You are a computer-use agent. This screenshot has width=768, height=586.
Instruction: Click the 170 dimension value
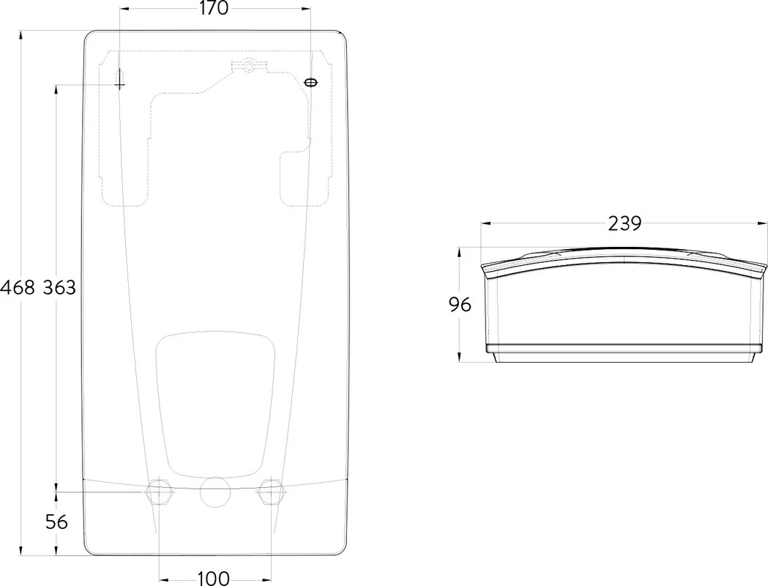[x=214, y=8]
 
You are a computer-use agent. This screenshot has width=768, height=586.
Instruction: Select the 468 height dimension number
[x=18, y=287]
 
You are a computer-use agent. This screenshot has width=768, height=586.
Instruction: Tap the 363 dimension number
[x=59, y=287]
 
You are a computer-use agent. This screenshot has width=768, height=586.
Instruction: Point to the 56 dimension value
[x=56, y=522]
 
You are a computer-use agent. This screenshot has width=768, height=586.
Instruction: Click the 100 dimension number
[x=214, y=578]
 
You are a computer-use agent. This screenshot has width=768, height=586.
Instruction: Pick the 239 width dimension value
[x=625, y=223]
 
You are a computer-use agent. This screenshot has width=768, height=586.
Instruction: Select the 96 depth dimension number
[x=460, y=305]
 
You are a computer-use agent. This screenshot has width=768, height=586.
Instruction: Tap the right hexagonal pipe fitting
[x=271, y=492]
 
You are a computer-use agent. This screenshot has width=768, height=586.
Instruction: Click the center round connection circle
[x=215, y=492]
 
